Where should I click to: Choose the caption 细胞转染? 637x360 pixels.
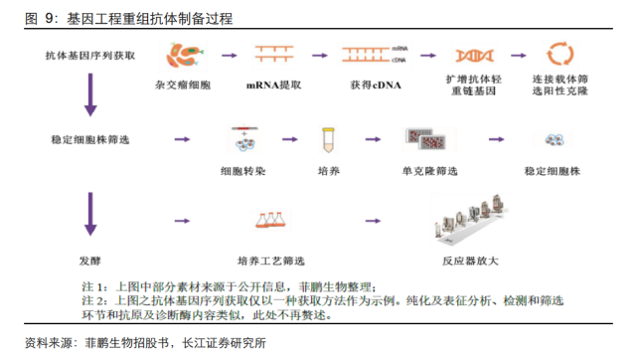(241, 170)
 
